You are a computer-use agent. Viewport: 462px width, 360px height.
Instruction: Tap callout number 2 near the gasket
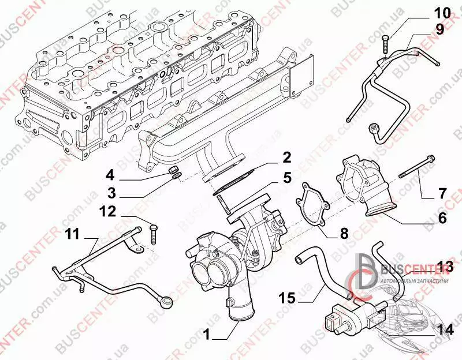(286, 156)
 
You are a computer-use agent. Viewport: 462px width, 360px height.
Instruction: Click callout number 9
(439, 29)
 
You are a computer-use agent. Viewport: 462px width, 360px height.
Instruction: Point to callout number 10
(439, 13)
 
